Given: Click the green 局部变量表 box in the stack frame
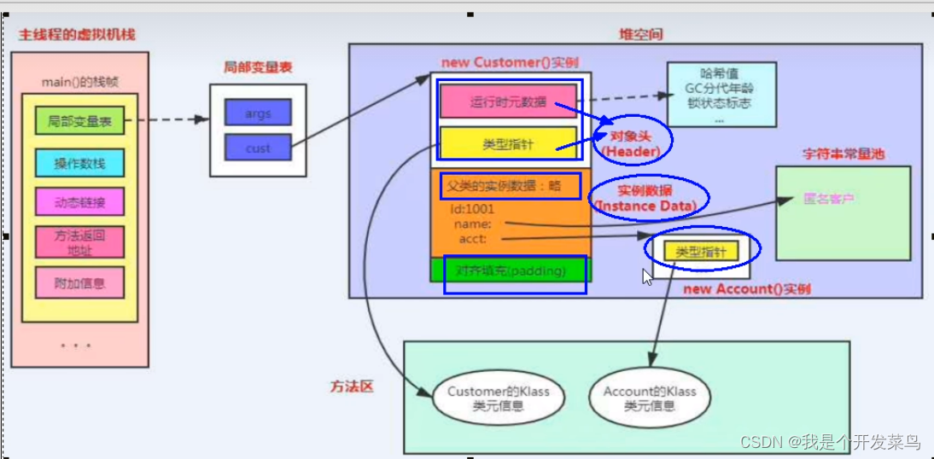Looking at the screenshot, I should (x=80, y=122).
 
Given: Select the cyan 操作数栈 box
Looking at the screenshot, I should (x=80, y=162).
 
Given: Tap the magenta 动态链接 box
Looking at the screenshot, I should (x=80, y=202).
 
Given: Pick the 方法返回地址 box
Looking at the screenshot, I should (x=80, y=241).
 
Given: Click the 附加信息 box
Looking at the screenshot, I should (x=80, y=282).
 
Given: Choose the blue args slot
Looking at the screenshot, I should (x=258, y=113).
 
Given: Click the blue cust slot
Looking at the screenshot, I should (x=258, y=148).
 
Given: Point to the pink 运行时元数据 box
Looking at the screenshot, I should (x=508, y=102).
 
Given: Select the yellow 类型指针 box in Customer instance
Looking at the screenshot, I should (x=508, y=144).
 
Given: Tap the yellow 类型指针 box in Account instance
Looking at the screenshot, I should (x=701, y=252).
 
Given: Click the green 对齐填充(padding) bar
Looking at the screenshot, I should (x=511, y=270).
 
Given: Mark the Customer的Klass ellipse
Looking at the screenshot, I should (x=499, y=398).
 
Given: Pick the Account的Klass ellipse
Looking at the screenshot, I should (x=650, y=398).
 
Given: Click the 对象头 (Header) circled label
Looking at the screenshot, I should (x=633, y=143).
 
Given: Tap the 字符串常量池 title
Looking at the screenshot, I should (x=844, y=154).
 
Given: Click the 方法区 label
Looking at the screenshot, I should (x=352, y=386).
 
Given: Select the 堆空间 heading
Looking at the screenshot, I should (x=640, y=34).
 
